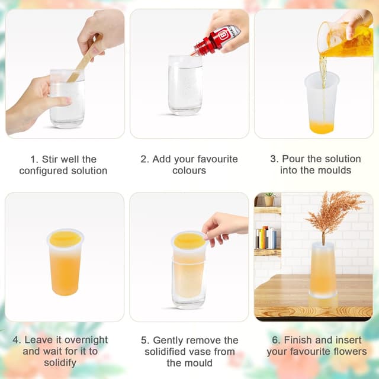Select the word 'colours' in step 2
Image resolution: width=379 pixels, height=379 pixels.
click(x=189, y=171)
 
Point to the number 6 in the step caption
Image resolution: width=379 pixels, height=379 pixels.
click(x=276, y=340)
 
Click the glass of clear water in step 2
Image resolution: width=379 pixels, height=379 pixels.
click(x=185, y=86)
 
